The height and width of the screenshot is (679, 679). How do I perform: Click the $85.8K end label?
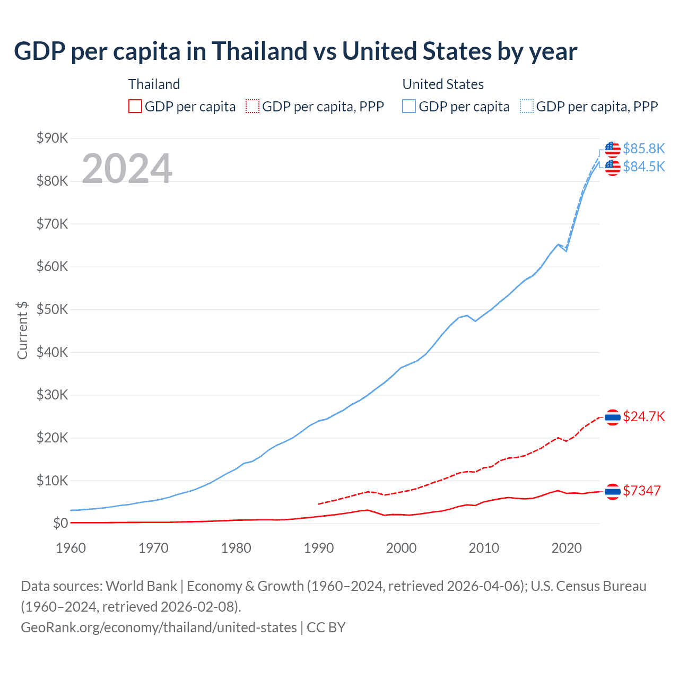(x=643, y=149)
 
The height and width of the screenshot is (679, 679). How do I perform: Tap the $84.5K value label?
(x=643, y=167)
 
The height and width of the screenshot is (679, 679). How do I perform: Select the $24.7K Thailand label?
(x=643, y=416)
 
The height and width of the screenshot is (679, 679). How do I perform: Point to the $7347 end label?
(x=641, y=491)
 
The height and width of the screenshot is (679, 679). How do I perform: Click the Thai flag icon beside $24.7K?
(x=613, y=417)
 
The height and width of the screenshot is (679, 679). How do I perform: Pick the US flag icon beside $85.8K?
(x=613, y=150)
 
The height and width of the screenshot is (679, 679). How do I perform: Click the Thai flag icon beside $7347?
(x=613, y=492)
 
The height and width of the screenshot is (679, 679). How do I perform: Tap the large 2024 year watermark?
(x=127, y=169)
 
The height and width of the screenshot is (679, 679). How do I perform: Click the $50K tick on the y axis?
(x=52, y=309)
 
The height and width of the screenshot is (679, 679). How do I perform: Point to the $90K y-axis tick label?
(x=52, y=138)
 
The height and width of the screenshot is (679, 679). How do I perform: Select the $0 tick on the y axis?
(x=60, y=524)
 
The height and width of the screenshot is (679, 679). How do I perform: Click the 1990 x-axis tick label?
(x=319, y=548)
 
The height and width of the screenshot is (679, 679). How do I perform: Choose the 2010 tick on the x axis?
(x=484, y=548)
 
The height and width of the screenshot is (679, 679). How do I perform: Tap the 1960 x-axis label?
(x=71, y=548)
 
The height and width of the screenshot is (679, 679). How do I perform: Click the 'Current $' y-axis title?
(x=22, y=330)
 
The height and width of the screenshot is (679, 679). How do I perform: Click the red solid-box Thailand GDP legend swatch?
(x=135, y=107)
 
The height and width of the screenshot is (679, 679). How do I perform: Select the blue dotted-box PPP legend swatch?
(x=527, y=107)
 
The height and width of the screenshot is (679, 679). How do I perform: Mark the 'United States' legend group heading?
(x=443, y=84)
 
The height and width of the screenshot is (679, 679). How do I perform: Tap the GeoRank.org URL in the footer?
(x=159, y=628)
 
